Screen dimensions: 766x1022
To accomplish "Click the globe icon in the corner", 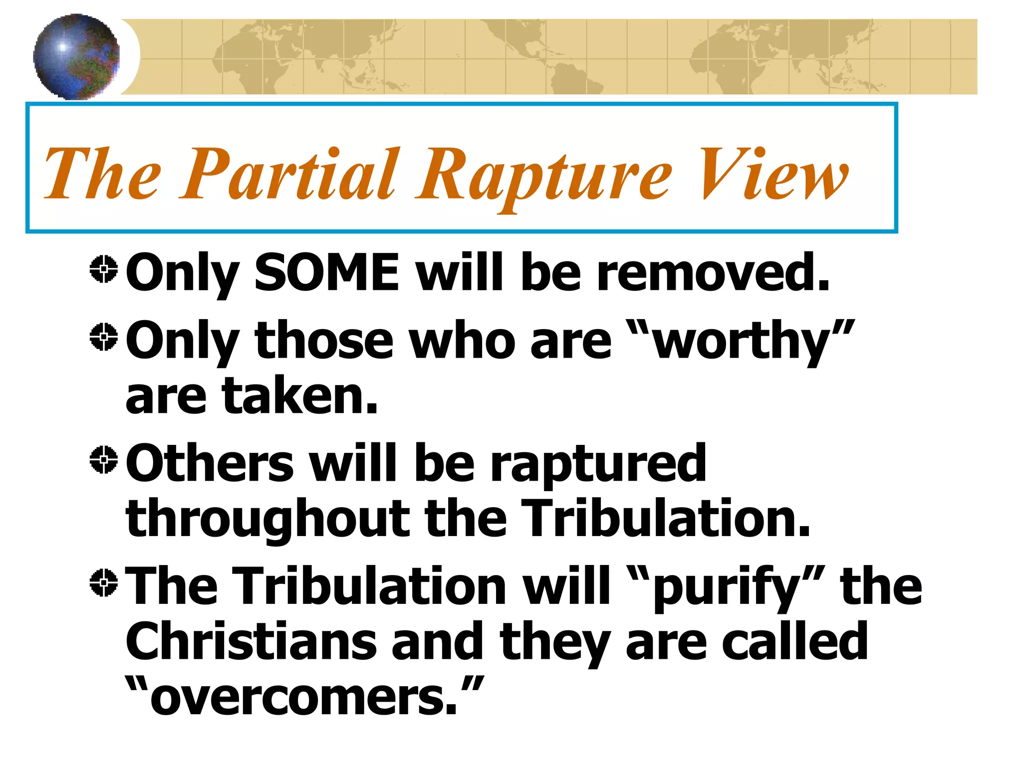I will tap(76, 56).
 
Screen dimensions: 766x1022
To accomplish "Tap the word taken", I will tap(299, 396).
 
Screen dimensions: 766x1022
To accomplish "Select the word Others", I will tap(210, 464).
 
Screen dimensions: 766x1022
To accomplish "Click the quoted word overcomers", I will tap(304, 697).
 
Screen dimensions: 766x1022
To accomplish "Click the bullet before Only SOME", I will tap(104, 270).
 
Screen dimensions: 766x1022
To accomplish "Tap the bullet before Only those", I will tap(104, 337).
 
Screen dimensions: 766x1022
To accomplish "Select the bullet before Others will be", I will tap(104, 459).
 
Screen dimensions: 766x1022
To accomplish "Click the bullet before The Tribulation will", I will tap(104, 582).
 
